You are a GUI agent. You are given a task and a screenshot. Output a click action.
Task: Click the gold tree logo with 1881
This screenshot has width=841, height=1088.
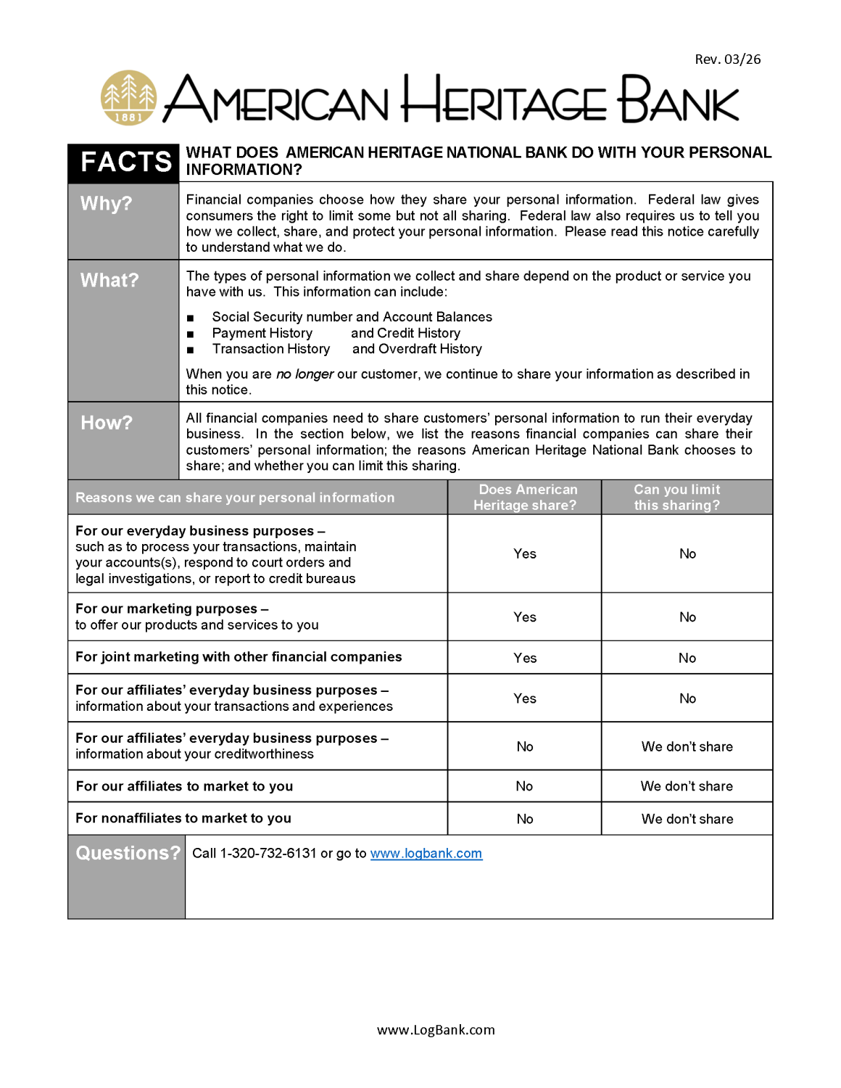[128, 98]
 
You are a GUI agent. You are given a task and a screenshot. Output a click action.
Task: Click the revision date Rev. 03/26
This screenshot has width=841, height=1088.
[727, 59]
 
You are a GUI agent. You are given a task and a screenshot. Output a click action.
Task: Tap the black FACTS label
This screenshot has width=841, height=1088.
[125, 162]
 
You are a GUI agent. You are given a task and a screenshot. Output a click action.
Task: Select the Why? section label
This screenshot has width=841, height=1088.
[106, 204]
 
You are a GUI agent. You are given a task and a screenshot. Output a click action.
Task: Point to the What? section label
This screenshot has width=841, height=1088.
[109, 281]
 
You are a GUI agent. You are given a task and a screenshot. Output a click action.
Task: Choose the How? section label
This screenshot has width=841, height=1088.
[107, 423]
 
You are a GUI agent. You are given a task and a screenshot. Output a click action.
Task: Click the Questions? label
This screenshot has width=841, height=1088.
[128, 853]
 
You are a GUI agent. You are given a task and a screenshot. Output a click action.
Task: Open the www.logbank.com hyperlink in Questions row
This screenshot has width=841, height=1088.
[426, 854]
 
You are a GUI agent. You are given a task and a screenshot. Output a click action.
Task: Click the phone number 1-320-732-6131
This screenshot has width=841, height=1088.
[268, 854]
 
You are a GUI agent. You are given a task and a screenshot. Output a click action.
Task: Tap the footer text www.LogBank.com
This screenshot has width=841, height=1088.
[436, 1030]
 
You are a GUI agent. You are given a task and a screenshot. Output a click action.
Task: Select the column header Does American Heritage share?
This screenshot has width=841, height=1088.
[525, 498]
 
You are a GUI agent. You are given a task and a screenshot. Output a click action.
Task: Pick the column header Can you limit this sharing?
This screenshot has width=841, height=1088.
[677, 498]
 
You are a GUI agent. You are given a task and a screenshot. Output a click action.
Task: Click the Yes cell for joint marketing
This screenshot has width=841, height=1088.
[525, 658]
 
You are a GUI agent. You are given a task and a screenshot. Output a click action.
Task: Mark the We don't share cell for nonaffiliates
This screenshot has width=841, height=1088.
[687, 819]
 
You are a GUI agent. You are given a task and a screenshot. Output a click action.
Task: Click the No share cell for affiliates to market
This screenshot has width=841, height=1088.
[524, 786]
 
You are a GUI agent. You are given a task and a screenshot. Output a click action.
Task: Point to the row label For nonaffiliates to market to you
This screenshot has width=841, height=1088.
[183, 818]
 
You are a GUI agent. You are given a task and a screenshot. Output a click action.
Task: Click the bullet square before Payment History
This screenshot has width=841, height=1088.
[191, 334]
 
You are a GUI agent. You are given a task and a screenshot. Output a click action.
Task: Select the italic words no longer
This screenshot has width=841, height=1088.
[304, 374]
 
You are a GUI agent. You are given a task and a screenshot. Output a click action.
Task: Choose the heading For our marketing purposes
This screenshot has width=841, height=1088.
[166, 609]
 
